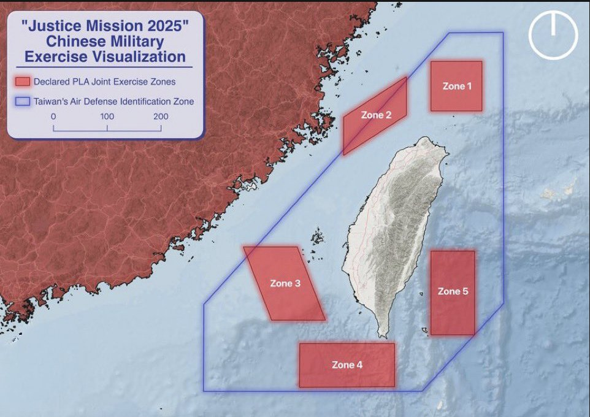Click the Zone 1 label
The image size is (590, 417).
[x=457, y=86]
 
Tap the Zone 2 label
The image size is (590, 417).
[x=375, y=115]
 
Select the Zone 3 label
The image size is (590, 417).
[x=285, y=283]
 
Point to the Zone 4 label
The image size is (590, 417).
[x=347, y=365]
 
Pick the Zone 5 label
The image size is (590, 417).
[x=453, y=291]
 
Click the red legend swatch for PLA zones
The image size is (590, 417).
[x=23, y=82]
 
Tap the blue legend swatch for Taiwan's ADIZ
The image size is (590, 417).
[x=23, y=102]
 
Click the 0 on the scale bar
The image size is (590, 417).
[x=53, y=117]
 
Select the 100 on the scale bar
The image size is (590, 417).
[x=107, y=117]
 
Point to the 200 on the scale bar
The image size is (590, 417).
[x=161, y=117]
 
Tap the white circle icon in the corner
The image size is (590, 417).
[x=553, y=35]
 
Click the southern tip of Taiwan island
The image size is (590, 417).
[x=384, y=335]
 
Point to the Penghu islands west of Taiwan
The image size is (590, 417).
[x=317, y=237]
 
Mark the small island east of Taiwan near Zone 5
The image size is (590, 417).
[x=424, y=332]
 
